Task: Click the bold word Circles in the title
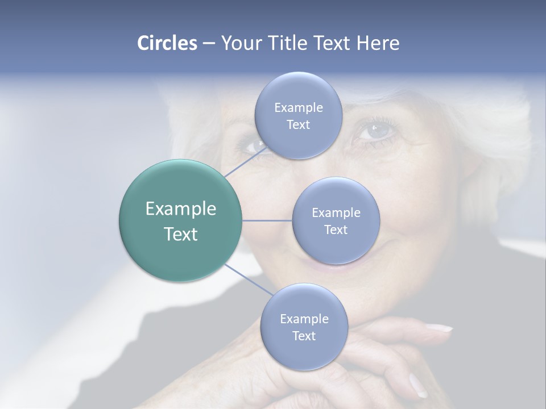167,43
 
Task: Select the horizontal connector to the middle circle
267,220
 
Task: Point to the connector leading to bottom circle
248,281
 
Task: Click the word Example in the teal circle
181,209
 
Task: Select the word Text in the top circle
298,125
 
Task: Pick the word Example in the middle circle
336,213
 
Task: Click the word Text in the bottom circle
304,336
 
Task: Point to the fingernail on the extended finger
439,328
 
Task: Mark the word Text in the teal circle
181,234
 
